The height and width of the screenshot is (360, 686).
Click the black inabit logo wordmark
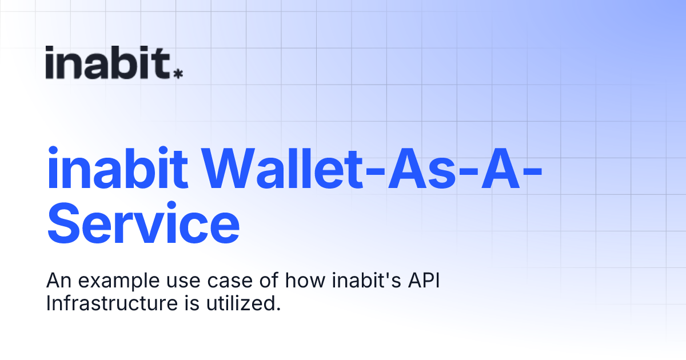click(108, 62)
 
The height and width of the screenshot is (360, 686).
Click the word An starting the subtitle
click(57, 282)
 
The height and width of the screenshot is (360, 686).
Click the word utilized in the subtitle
click(243, 303)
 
